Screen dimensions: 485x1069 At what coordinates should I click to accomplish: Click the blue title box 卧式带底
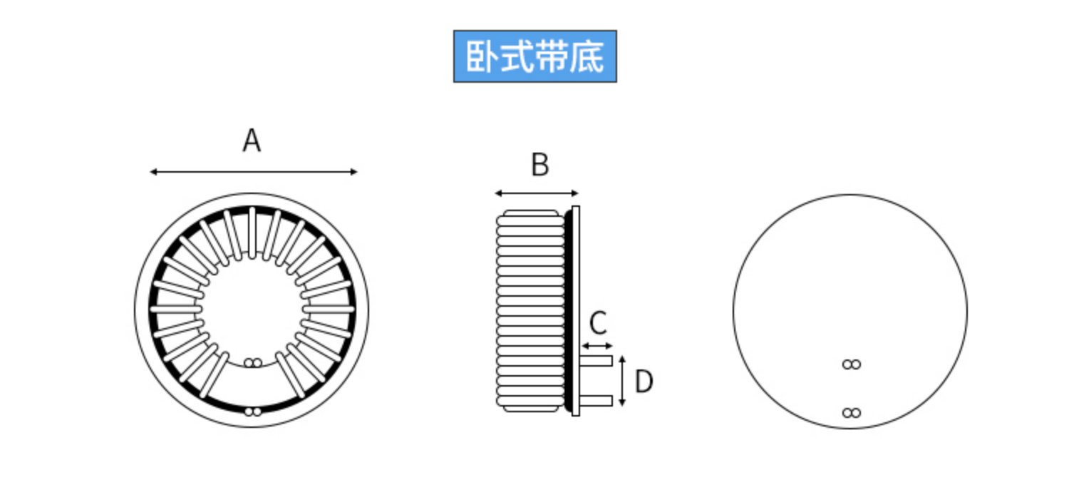(534, 56)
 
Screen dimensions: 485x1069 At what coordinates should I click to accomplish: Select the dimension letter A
(252, 141)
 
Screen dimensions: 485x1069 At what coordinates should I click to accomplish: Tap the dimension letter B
(540, 165)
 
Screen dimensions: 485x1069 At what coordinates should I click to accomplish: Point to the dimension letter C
(598, 323)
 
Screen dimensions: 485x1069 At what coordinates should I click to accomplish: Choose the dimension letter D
(644, 382)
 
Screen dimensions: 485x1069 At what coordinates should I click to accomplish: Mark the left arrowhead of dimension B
(498, 193)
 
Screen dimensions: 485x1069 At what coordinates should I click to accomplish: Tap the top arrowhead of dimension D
(623, 359)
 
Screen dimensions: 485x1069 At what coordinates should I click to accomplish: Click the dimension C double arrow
(597, 347)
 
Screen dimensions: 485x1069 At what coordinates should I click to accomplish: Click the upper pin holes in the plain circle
(851, 364)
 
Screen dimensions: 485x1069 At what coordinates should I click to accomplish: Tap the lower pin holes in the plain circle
(851, 413)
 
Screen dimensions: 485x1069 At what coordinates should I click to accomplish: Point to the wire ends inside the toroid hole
(252, 363)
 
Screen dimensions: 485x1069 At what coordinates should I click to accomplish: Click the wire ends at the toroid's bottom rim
(252, 412)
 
